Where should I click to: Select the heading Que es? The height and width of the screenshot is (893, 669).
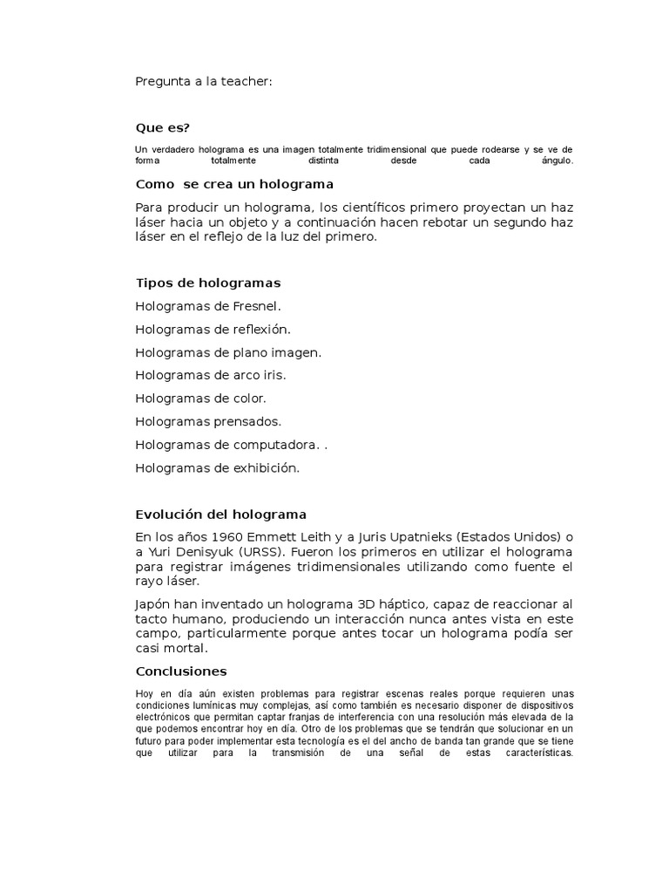click(163, 128)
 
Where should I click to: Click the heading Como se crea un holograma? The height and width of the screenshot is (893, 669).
click(235, 184)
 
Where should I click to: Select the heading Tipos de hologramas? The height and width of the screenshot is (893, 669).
click(208, 283)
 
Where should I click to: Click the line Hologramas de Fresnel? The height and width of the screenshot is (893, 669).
click(209, 307)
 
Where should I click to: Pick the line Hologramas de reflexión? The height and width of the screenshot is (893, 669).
click(213, 330)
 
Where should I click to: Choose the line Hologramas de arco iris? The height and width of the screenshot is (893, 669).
click(211, 376)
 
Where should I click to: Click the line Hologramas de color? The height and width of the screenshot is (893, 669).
click(201, 399)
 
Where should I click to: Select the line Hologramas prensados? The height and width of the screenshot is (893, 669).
click(209, 422)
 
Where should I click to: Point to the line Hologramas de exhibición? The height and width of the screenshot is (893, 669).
click(218, 468)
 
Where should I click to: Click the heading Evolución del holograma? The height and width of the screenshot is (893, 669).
click(221, 515)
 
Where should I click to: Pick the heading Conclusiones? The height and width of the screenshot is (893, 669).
click(181, 671)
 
